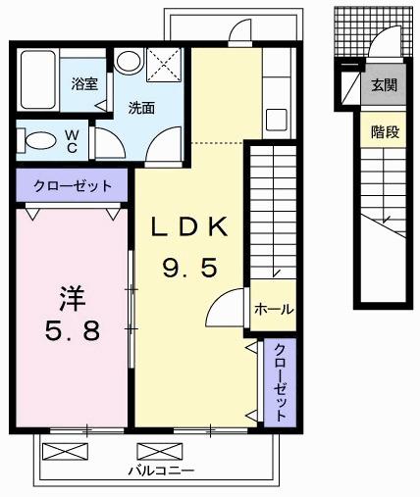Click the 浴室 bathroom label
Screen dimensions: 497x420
point(83,84)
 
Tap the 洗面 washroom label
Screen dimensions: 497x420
point(141,109)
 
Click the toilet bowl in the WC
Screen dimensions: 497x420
point(38,139)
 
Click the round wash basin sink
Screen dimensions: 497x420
point(128,62)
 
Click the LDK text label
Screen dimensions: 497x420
point(189,227)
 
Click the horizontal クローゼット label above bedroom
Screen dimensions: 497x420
point(71,185)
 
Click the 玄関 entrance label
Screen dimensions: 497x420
point(384,85)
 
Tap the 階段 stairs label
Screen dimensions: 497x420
point(384,131)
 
